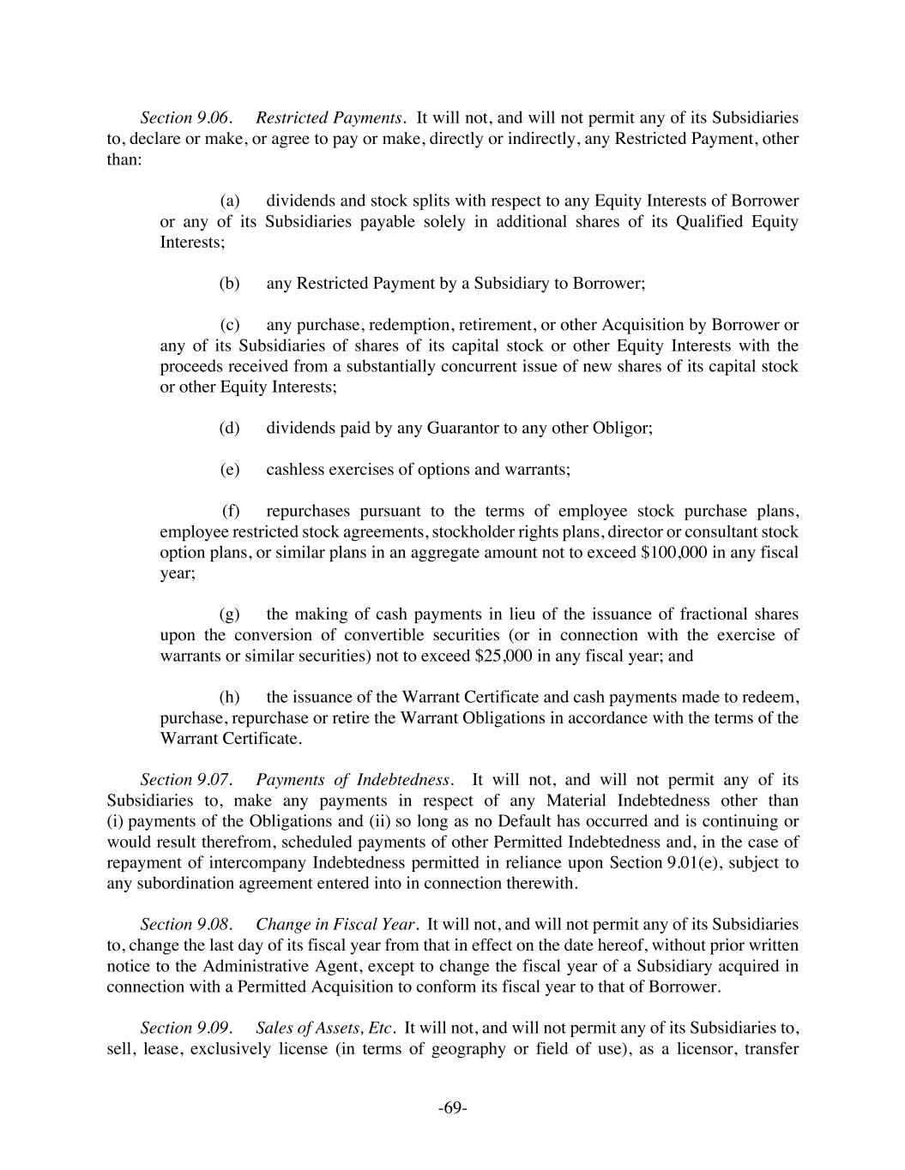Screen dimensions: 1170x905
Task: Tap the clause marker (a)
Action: tap(230, 201)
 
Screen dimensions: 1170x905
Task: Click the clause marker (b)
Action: tap(230, 284)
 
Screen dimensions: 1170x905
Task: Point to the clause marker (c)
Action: tap(230, 326)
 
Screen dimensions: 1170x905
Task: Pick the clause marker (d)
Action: tap(230, 428)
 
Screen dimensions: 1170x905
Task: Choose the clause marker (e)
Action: tap(230, 470)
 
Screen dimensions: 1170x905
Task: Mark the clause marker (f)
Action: tap(231, 512)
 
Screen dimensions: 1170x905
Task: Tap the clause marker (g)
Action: tap(230, 615)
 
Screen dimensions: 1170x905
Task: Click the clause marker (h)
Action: tap(230, 698)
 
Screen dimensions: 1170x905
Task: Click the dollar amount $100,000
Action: tap(674, 553)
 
